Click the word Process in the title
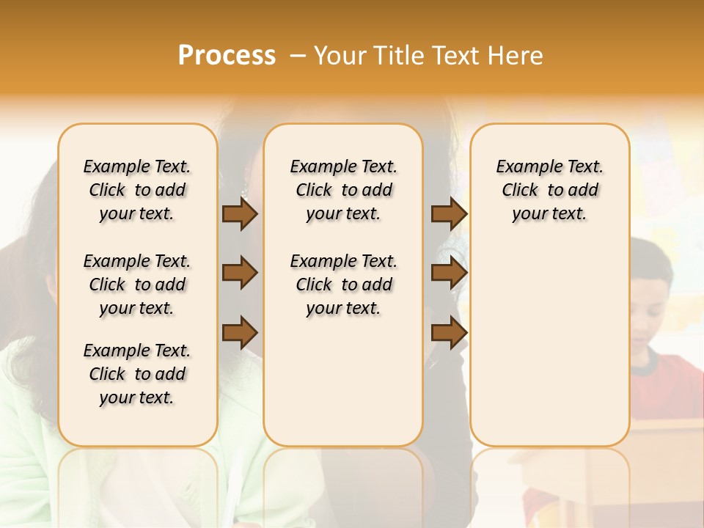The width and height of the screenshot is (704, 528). (227, 55)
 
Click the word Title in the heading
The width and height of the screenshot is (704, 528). (400, 55)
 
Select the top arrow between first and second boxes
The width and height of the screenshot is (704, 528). (240, 213)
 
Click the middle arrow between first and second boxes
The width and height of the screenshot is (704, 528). (240, 274)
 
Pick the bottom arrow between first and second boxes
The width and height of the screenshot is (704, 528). (240, 332)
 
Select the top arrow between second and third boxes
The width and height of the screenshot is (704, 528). (449, 213)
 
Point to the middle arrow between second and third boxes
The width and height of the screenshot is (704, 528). (449, 274)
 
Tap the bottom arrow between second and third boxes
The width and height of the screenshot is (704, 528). (449, 332)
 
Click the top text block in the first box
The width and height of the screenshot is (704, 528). (137, 190)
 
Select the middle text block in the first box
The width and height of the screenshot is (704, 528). (137, 285)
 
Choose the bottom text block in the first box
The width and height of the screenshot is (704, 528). (137, 374)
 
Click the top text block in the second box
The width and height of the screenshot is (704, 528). (343, 190)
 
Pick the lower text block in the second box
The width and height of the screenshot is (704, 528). (343, 285)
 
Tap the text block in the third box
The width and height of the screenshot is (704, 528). (550, 190)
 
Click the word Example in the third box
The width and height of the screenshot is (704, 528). (525, 167)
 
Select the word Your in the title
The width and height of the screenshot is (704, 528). (341, 55)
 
